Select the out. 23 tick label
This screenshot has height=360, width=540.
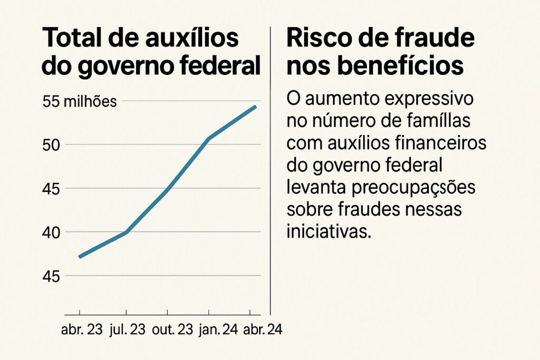[x=171, y=330]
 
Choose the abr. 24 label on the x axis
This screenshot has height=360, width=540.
[x=262, y=330]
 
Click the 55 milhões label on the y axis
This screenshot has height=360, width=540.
[x=80, y=102]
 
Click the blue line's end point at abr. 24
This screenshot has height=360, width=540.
[x=256, y=106]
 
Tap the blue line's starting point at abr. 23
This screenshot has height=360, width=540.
[x=79, y=257]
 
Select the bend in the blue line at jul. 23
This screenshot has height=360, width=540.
[x=127, y=232]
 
